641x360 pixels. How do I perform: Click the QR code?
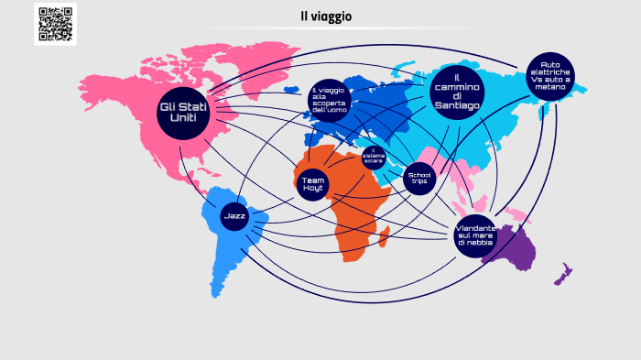56,24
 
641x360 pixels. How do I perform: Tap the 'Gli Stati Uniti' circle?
184,112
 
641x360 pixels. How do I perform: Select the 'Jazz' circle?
234,216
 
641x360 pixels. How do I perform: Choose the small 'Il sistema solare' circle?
374,156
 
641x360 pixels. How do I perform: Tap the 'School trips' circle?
419,177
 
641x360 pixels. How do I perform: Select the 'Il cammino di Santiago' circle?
456,89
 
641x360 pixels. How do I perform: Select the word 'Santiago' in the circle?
456,105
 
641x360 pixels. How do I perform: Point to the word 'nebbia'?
475,243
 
